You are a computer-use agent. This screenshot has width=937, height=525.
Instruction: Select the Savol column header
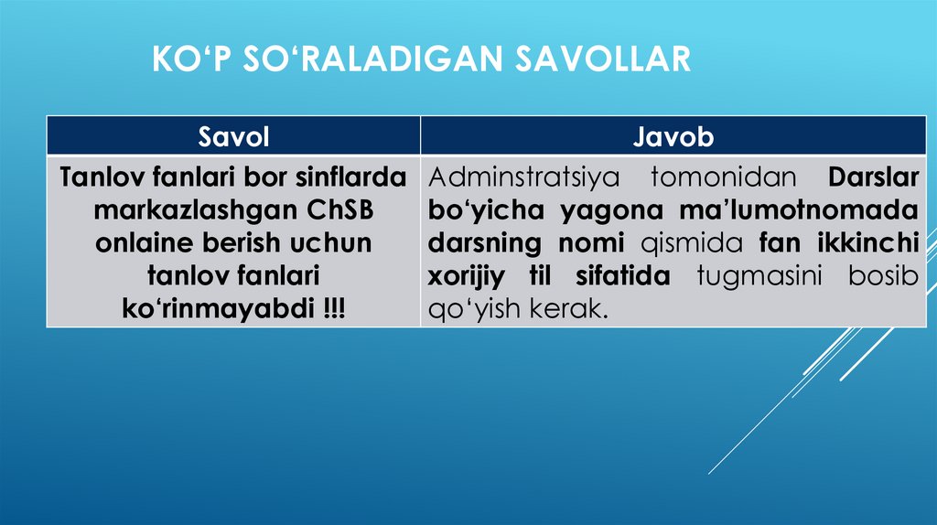tap(233, 137)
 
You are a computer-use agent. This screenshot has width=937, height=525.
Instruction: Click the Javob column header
tap(673, 137)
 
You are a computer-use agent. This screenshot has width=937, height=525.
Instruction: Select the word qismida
tap(690, 243)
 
